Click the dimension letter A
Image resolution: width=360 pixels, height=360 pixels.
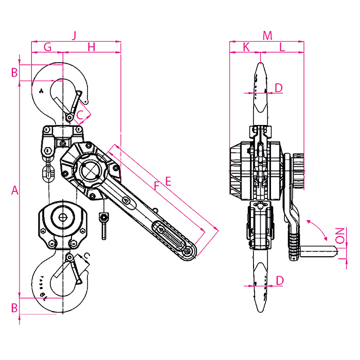[x=15, y=190]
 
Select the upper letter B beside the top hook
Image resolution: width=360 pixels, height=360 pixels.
[x=14, y=73]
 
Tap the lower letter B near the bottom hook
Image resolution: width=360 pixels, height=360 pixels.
[x=14, y=308]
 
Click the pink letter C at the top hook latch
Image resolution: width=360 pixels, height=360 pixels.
[x=80, y=115]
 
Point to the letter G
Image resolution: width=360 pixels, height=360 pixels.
[x=47, y=47]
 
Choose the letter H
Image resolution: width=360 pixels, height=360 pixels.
[x=92, y=47]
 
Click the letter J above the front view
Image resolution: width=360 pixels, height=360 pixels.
[x=74, y=36]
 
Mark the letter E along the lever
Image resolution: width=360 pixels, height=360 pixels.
[x=168, y=182]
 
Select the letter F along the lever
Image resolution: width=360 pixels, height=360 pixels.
[x=156, y=186]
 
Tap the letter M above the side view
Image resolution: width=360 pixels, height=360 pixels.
[x=267, y=36]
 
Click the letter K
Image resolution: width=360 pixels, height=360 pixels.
[x=246, y=47]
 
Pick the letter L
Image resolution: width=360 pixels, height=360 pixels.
[x=282, y=47]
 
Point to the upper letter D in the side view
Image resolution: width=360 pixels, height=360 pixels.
[x=279, y=88]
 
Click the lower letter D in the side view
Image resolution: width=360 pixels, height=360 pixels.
[x=280, y=281]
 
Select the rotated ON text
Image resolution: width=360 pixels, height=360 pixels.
[x=340, y=236]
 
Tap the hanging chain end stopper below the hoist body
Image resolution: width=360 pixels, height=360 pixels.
[x=104, y=226]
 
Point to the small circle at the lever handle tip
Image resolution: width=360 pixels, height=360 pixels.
[x=188, y=251]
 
